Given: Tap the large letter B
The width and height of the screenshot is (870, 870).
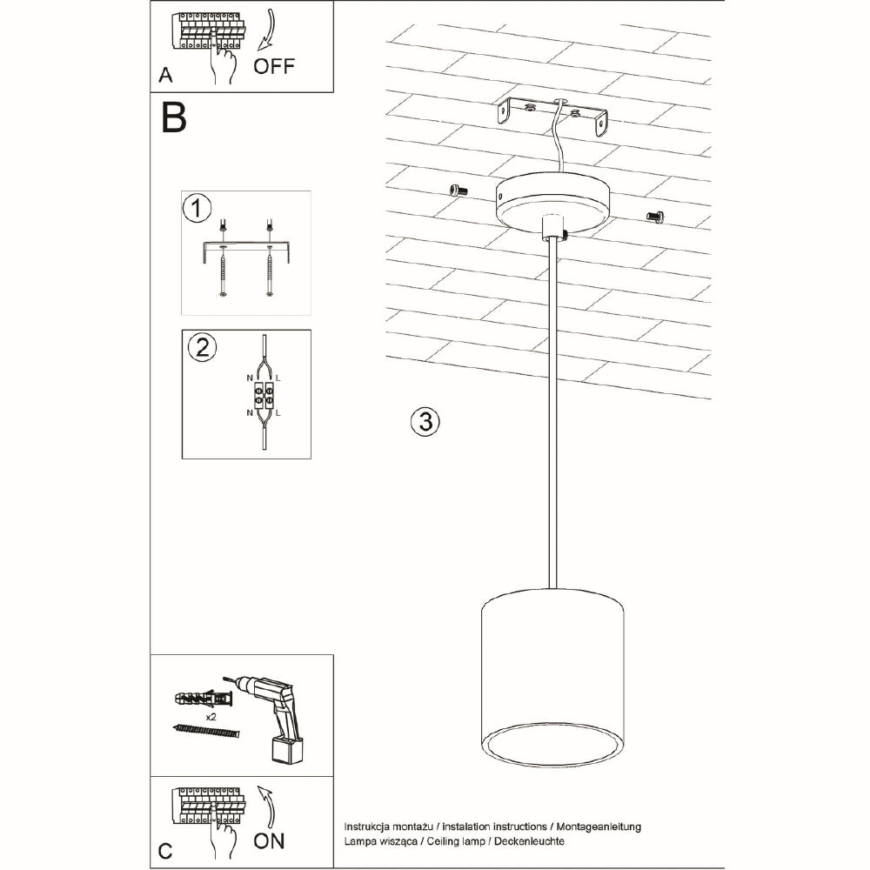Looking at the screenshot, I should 174,118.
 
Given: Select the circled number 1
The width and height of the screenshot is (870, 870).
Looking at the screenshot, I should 197,209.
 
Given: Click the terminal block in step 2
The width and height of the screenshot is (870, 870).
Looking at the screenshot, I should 264,396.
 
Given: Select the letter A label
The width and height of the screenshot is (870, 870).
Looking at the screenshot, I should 165,76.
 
